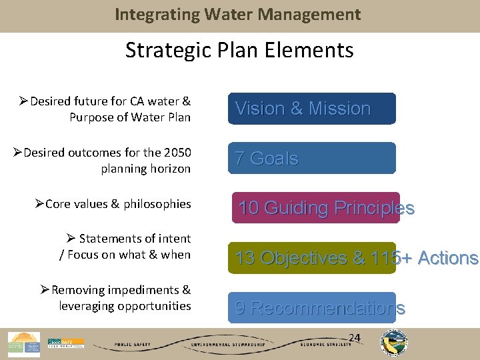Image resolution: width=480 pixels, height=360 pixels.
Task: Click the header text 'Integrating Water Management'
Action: coord(238,14)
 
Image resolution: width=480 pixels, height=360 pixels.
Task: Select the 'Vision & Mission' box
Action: coord(312,109)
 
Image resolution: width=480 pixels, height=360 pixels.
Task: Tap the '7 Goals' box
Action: coord(312,158)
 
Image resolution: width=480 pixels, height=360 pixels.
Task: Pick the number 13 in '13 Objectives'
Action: coord(245,258)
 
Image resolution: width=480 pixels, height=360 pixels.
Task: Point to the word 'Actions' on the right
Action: coord(449,258)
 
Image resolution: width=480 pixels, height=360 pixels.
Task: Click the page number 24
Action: coord(355,338)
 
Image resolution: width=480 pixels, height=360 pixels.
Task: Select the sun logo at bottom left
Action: coord(24,343)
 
